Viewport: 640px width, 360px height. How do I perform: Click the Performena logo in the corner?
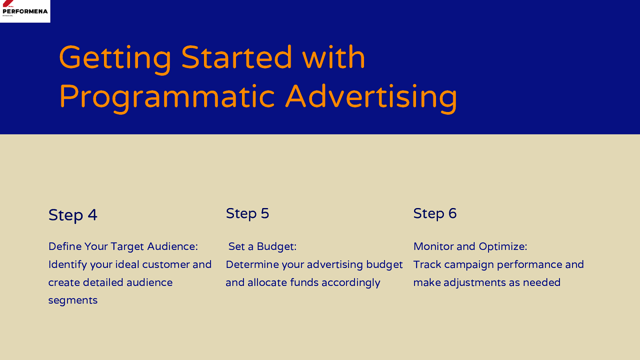(25, 11)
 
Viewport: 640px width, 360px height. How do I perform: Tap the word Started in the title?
(236, 57)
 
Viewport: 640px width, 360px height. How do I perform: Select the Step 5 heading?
(248, 214)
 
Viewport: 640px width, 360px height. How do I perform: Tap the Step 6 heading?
(435, 214)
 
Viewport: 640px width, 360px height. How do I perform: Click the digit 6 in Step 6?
(452, 214)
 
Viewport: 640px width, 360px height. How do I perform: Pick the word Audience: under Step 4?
(172, 246)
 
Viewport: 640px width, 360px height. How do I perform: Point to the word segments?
(73, 301)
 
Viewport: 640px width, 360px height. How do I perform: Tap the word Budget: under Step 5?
(276, 247)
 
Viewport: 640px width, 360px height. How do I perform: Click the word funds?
(304, 282)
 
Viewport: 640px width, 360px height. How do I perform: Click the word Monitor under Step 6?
(433, 246)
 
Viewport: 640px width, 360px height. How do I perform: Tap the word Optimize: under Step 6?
(503, 247)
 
